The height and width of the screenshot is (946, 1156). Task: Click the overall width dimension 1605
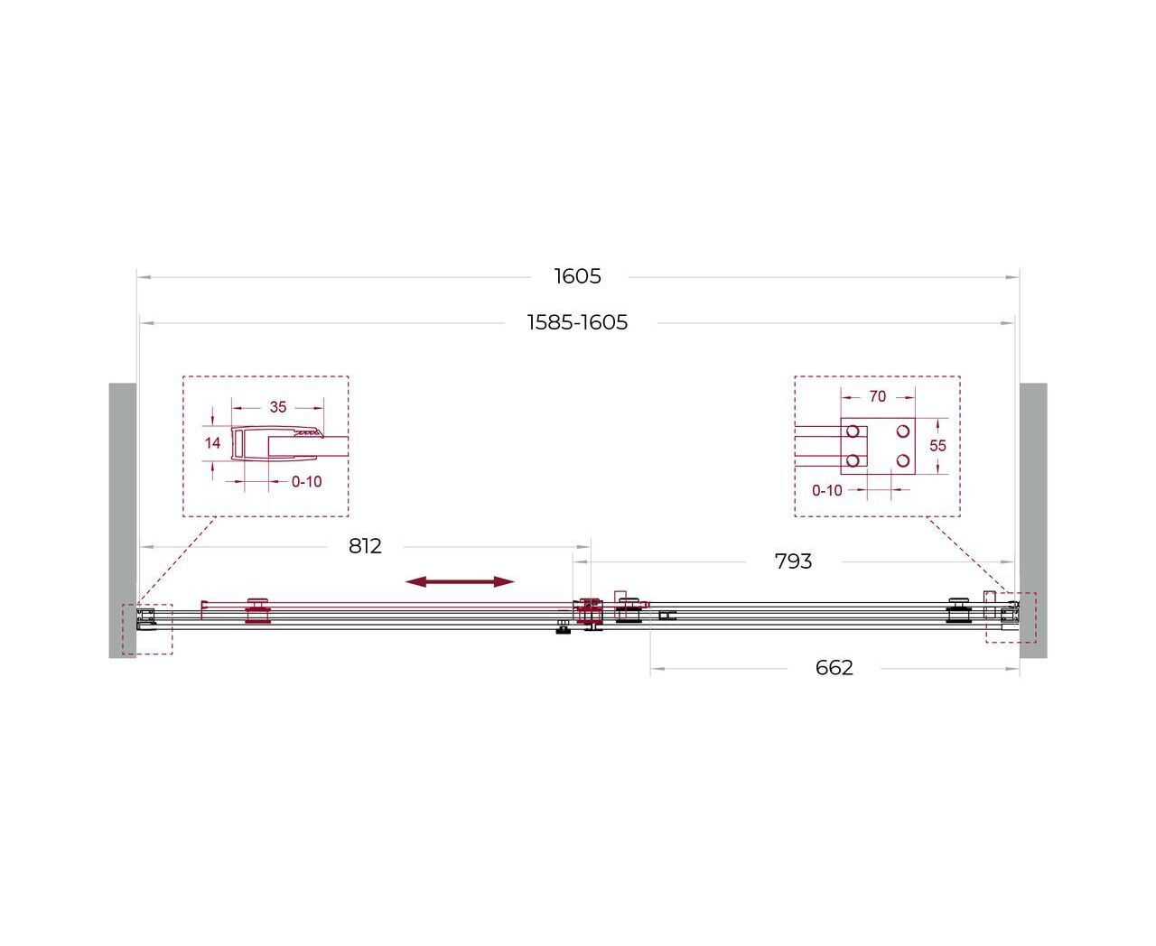coord(577,276)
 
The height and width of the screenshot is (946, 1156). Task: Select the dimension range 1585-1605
coord(577,322)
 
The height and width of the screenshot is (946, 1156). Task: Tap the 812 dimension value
coord(365,545)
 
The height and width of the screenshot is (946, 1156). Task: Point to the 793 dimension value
coord(793,561)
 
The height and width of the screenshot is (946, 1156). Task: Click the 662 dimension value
coord(834,668)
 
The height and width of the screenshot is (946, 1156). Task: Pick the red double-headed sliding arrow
coord(460,581)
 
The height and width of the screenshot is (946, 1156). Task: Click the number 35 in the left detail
coord(278,407)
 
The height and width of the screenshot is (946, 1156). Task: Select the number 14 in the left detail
coord(212,442)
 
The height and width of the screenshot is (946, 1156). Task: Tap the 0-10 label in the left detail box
coord(306,482)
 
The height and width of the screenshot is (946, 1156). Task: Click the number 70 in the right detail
coord(878,396)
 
